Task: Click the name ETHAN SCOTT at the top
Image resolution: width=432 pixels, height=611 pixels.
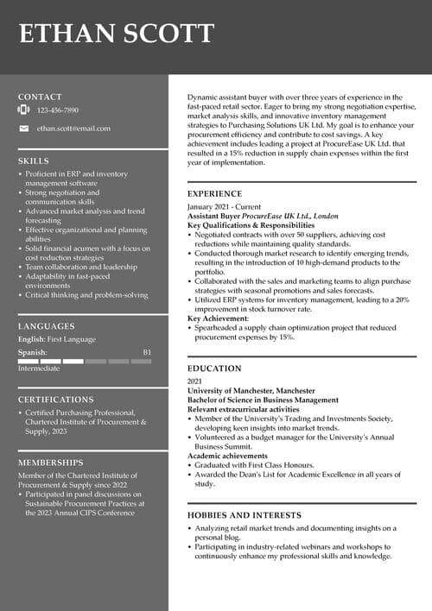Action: [116, 34]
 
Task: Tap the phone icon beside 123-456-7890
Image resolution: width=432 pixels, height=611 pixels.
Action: [24, 110]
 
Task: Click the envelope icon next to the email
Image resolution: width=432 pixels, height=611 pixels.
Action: [24, 129]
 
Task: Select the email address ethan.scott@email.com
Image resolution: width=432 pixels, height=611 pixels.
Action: [73, 129]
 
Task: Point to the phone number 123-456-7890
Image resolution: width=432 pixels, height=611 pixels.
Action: [58, 110]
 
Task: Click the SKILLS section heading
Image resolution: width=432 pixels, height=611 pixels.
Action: [34, 161]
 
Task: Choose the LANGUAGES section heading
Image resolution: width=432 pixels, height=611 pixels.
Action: [46, 326]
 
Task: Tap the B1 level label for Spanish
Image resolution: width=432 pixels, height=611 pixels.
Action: [147, 352]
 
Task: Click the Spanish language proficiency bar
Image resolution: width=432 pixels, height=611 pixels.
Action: [85, 361]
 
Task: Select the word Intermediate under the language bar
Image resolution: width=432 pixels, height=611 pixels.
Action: [39, 368]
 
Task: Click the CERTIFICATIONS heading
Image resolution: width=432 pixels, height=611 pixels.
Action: [56, 400]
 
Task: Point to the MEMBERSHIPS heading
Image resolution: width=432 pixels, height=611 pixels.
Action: [51, 463]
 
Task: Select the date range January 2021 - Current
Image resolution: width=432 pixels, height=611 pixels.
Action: [224, 207]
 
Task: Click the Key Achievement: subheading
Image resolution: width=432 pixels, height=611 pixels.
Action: [219, 318]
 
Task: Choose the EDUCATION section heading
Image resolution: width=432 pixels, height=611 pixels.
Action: [214, 368]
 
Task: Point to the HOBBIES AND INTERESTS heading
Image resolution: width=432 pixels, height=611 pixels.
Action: [245, 515]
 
